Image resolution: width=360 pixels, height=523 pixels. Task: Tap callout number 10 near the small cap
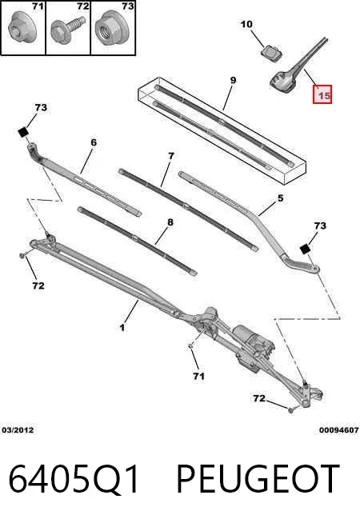[x=246, y=24]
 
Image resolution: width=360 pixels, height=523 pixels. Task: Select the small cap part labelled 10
[x=270, y=54]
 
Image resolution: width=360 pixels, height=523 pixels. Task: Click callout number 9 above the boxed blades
[x=233, y=80]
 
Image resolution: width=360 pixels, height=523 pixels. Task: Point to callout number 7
[x=171, y=156]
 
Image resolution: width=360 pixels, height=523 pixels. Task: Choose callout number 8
[x=170, y=222]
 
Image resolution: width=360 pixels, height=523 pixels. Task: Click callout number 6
[x=94, y=142]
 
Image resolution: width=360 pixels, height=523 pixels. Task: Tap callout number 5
[x=280, y=198]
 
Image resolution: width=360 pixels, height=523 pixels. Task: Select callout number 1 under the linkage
[x=122, y=327]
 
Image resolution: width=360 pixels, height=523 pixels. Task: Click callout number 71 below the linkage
[x=198, y=376]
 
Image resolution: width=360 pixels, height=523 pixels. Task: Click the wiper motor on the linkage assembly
[x=250, y=342]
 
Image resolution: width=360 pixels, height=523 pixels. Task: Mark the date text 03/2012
[x=18, y=430]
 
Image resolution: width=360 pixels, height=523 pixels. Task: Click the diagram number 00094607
[x=338, y=430]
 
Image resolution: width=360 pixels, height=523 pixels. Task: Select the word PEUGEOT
[x=258, y=479]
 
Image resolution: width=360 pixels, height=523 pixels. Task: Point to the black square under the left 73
[x=23, y=132]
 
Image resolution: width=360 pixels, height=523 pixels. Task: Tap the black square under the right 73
[x=305, y=250]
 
